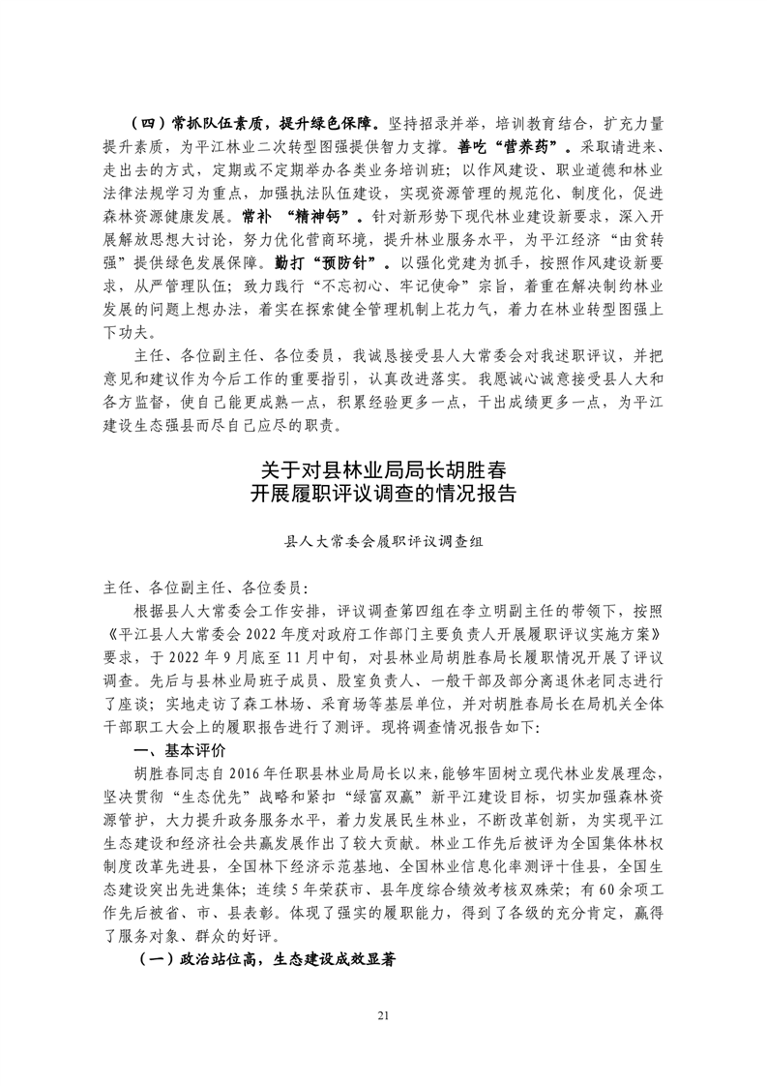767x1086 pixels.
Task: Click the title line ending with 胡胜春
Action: coord(383,470)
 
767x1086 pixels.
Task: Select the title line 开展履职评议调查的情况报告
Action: coord(383,495)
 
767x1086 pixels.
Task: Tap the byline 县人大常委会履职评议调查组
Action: coord(383,543)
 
